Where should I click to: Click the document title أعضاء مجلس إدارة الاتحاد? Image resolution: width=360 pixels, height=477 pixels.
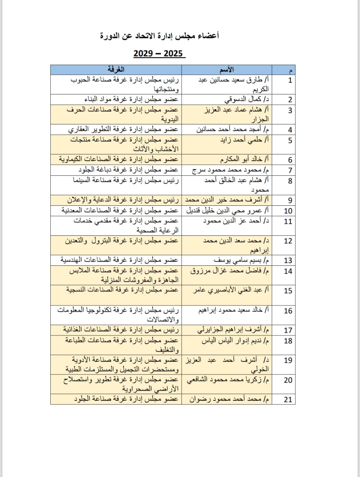click(160, 36)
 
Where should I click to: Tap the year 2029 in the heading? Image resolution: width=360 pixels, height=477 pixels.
click(143, 53)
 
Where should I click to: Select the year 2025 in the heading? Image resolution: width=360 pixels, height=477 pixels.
click(173, 53)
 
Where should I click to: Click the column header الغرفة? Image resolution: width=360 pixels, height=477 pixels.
click(116, 69)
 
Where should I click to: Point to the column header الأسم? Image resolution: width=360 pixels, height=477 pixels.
click(227, 69)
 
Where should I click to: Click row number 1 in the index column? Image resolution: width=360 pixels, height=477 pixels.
click(290, 80)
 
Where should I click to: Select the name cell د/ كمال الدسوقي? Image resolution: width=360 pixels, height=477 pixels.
click(247, 99)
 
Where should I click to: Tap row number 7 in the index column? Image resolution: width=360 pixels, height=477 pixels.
click(290, 170)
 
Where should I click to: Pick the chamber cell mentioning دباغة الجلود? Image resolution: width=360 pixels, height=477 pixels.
click(128, 170)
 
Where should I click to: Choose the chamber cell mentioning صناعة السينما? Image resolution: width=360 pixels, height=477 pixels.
click(126, 180)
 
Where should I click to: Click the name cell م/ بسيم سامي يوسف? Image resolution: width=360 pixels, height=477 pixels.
click(241, 260)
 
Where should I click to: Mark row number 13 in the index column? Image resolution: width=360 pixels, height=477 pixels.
click(288, 260)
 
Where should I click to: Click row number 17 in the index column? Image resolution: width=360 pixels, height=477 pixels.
click(288, 330)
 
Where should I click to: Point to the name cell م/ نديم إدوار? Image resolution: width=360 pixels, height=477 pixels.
click(235, 341)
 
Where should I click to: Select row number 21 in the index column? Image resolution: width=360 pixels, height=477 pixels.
click(288, 399)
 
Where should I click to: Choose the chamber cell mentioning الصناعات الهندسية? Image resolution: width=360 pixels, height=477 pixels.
click(119, 260)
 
